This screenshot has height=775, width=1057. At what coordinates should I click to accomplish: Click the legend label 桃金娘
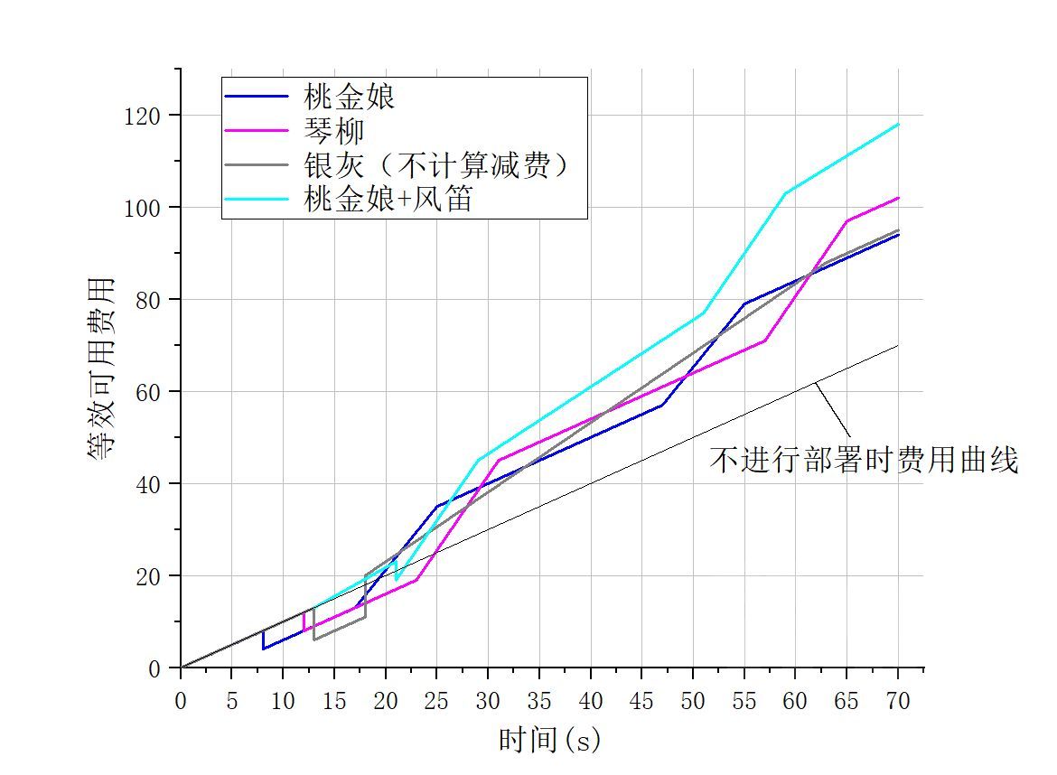point(351,97)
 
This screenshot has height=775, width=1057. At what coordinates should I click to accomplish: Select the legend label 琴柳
point(335,131)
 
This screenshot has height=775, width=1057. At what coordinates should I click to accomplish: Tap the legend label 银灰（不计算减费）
point(440,166)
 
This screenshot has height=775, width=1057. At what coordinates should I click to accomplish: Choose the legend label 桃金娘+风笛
point(389,201)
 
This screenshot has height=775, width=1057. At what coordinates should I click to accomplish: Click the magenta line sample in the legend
point(258,132)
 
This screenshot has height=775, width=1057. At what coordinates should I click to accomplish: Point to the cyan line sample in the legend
point(258,201)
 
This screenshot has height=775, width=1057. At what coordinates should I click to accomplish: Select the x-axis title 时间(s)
point(549,740)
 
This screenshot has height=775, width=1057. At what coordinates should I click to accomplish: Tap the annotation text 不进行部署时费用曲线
point(864,461)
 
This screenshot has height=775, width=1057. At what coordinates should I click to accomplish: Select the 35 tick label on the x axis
point(539,701)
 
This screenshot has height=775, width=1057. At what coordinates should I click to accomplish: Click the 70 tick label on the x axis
point(898,701)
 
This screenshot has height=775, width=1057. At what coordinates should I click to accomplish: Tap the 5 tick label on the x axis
point(231,701)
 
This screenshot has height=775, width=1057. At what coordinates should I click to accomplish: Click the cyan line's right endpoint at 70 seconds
point(898,124)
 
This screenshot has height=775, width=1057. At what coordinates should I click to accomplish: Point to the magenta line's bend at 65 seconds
point(847,220)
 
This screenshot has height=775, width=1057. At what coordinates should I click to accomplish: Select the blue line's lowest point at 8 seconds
point(263,649)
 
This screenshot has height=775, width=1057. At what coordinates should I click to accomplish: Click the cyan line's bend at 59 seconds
point(785,192)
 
